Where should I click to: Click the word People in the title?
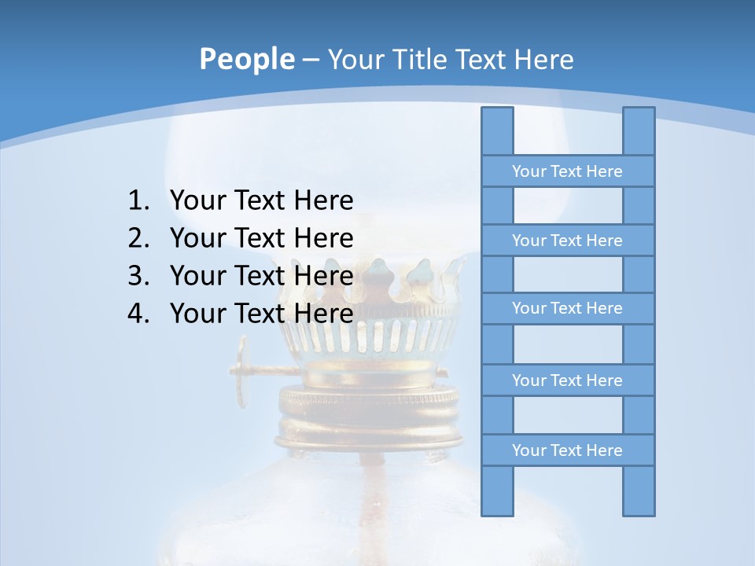[247, 59]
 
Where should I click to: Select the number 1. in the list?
[138, 200]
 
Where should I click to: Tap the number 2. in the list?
[138, 238]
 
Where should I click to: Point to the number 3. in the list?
[138, 276]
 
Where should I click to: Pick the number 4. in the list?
[138, 314]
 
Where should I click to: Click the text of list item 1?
[261, 200]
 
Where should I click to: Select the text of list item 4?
[261, 314]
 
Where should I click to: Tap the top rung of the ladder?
[567, 171]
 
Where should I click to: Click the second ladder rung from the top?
[567, 241]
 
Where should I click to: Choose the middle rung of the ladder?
[567, 308]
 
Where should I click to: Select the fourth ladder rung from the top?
[567, 380]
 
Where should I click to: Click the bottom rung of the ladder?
[567, 450]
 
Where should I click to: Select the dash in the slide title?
[310, 60]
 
